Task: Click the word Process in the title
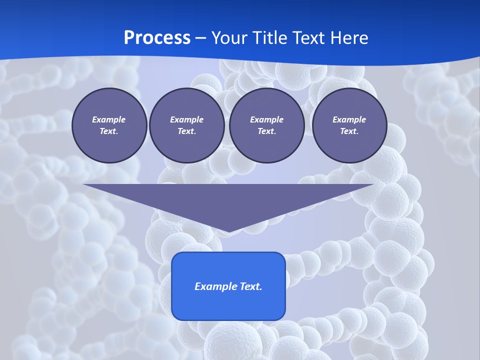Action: (157, 38)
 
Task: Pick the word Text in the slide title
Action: (309, 38)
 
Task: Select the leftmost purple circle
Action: (109, 125)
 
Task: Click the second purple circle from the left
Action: (187, 125)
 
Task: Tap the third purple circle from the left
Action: (267, 125)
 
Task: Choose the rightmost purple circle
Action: (349, 125)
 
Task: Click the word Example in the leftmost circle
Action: (109, 119)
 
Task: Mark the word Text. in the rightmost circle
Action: (349, 131)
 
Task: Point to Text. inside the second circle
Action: (187, 131)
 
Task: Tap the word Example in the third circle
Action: (267, 119)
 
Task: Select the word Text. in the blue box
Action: (251, 286)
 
